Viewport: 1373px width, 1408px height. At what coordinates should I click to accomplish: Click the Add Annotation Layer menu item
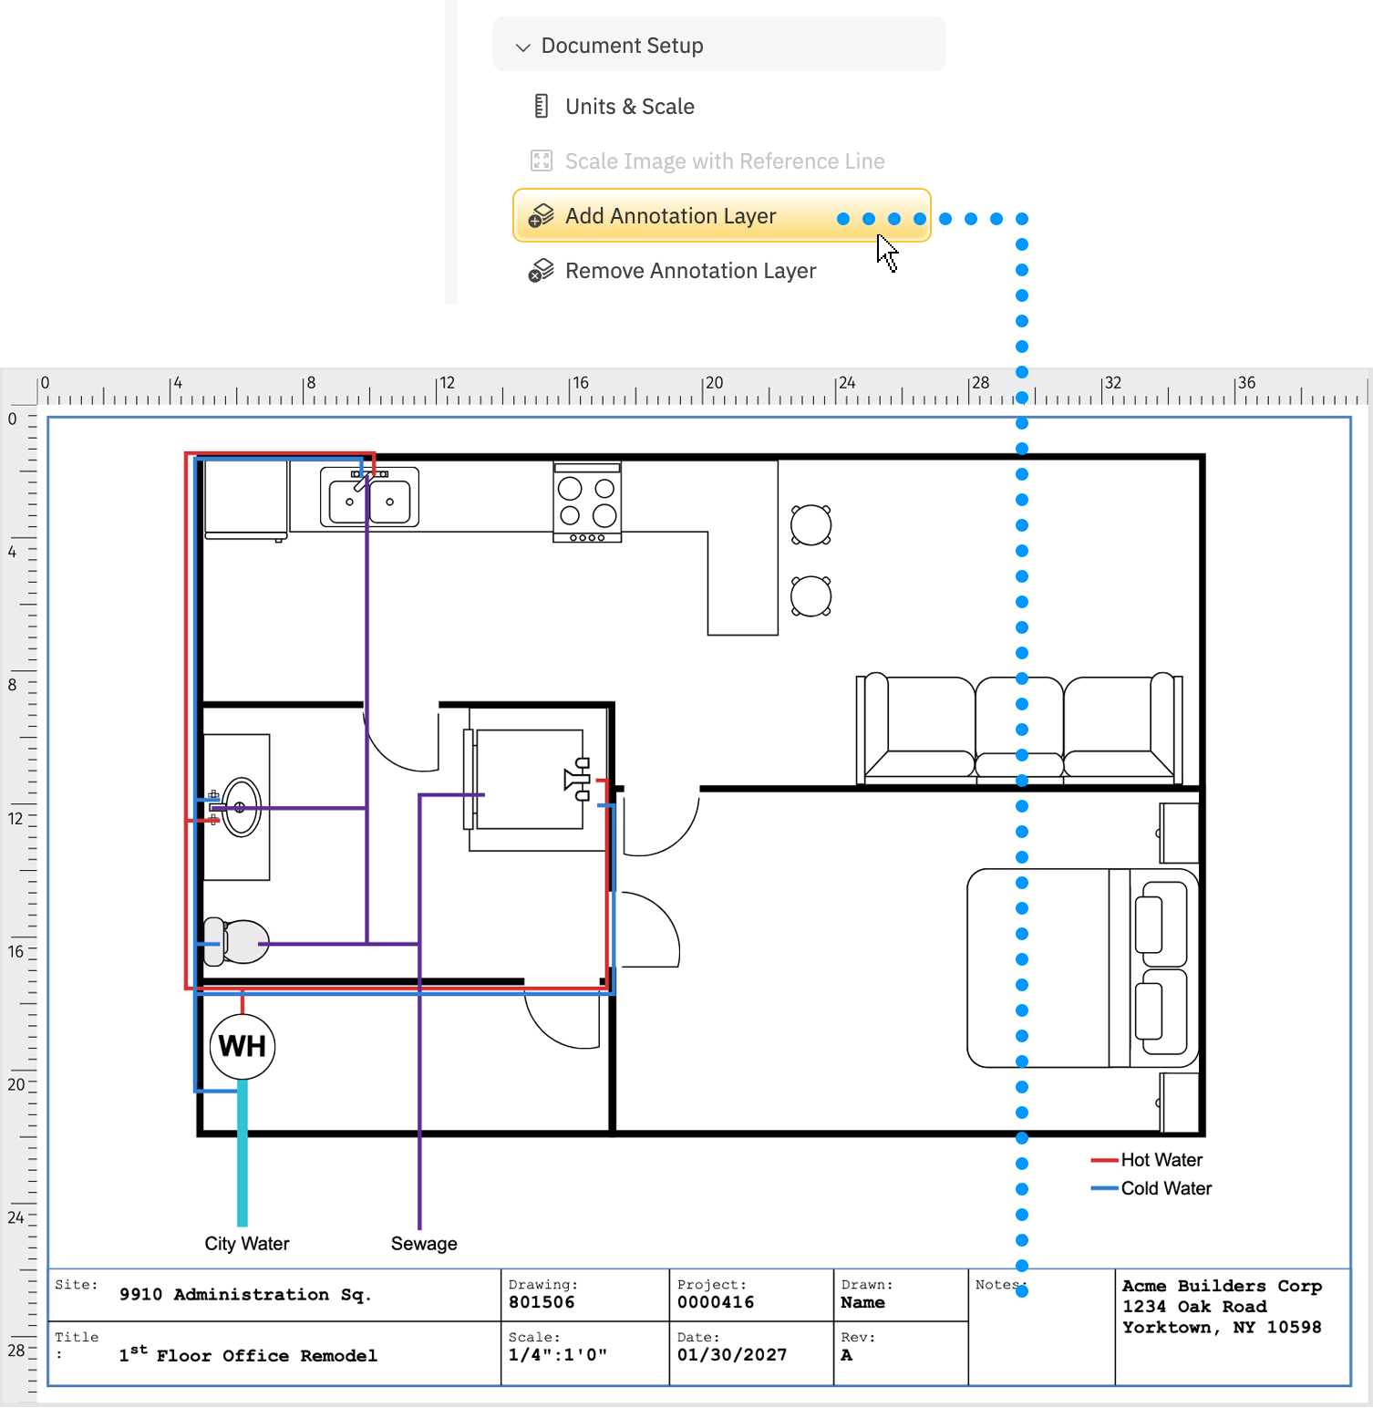coord(670,216)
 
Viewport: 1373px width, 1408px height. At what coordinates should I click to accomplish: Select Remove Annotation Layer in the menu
coord(689,271)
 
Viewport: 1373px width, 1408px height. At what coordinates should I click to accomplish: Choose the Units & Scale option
coord(629,107)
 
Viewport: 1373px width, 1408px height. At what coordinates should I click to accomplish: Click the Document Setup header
coord(622,46)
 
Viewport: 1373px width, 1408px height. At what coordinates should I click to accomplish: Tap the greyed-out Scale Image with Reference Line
coord(724,161)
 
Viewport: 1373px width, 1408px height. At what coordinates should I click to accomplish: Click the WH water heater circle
coord(243,1046)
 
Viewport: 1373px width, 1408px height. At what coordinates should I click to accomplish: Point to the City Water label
coord(246,1244)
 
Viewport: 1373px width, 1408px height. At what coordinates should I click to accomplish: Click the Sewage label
coord(424,1244)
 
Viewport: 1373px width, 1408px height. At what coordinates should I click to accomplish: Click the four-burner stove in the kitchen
coord(587,502)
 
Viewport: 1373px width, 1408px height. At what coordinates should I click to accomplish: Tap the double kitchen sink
coord(369,498)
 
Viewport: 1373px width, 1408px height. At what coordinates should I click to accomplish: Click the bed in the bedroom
coord(1081,968)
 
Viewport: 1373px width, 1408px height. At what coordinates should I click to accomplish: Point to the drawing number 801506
coord(542,1302)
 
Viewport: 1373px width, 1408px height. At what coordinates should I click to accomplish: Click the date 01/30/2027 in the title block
coord(731,1355)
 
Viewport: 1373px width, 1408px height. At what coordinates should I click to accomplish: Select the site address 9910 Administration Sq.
coord(244,1295)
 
